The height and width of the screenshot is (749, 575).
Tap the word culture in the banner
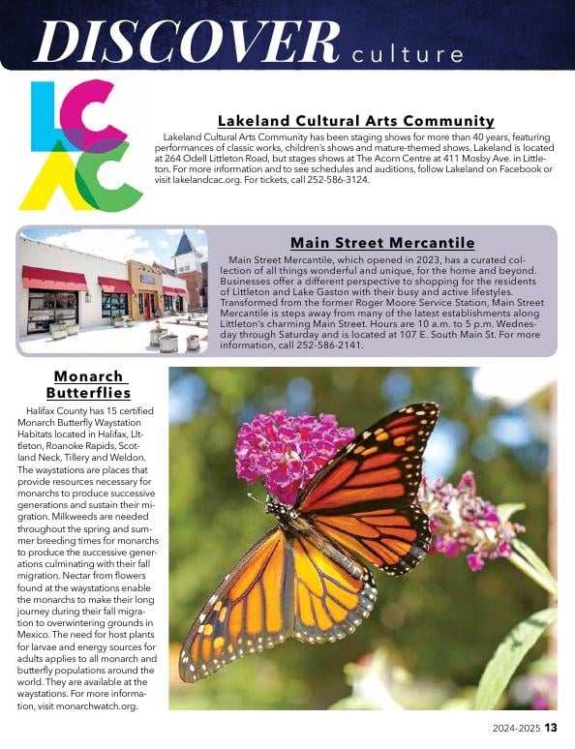[408, 52]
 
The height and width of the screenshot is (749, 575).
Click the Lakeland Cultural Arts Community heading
[356, 121]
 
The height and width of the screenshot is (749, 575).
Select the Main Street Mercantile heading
[382, 242]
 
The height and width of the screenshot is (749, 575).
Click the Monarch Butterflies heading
[88, 384]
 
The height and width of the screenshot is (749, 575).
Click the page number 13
[550, 729]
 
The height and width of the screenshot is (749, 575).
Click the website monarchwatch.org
[96, 706]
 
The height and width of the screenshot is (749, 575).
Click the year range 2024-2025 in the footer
[510, 729]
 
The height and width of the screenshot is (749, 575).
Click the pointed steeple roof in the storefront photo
[184, 245]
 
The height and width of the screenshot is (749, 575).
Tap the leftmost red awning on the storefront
[54, 278]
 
